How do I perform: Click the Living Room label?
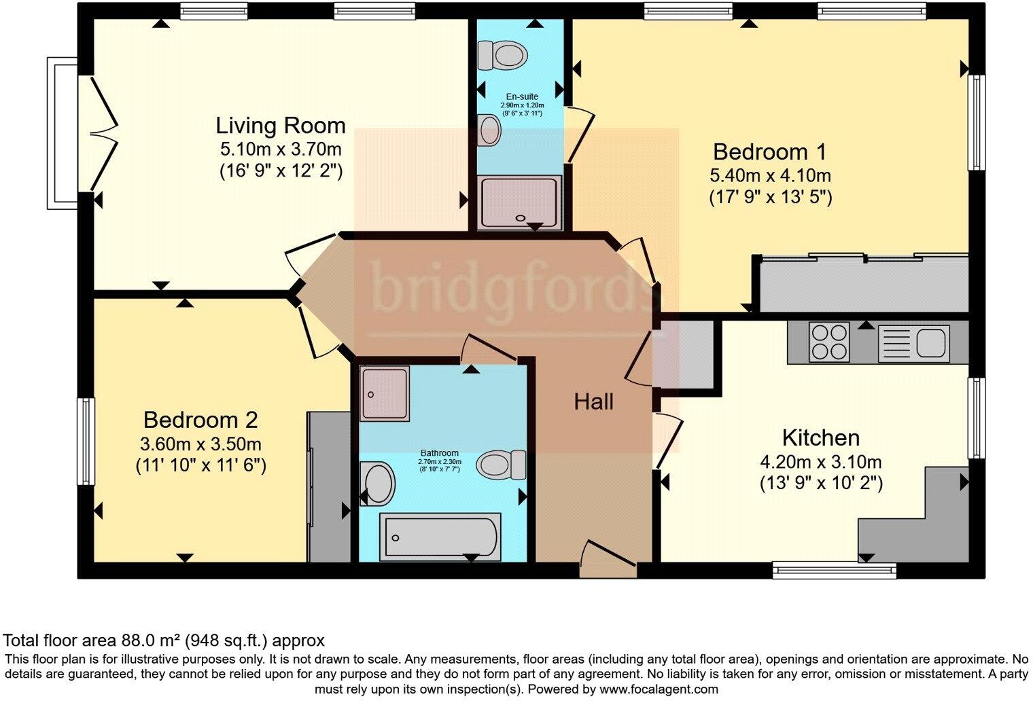tap(281, 126)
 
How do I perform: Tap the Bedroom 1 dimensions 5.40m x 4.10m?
tap(770, 176)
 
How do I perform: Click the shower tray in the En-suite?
tap(520, 202)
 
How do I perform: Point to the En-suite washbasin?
tap(489, 130)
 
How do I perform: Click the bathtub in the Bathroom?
tap(440, 537)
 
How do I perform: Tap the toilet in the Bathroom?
tap(502, 465)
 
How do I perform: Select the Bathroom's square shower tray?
tap(385, 393)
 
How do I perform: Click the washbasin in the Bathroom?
tap(377, 484)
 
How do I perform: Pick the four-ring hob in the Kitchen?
tap(829, 342)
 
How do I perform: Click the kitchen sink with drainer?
tap(913, 343)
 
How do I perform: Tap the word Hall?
tap(593, 402)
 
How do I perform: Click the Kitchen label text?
tap(821, 438)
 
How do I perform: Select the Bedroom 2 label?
tap(200, 420)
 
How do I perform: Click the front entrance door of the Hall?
tap(608, 560)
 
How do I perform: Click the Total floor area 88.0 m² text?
tap(164, 640)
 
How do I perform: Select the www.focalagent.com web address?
tap(659, 689)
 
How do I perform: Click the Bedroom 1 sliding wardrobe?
tap(863, 283)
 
